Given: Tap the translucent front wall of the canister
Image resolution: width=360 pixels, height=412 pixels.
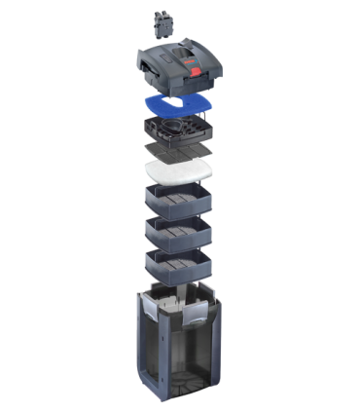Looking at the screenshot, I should click(x=193, y=360).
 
